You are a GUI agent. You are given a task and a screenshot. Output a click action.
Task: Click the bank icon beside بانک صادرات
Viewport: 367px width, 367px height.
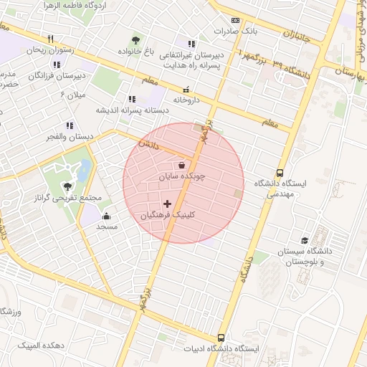[x=237, y=21]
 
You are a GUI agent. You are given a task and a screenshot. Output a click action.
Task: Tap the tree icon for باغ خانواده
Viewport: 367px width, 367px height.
[x=135, y=39]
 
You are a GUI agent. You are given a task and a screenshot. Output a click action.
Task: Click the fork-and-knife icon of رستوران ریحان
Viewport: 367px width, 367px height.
[x=50, y=39]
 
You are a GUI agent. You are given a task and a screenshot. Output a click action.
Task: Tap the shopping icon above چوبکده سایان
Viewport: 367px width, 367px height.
[x=181, y=165]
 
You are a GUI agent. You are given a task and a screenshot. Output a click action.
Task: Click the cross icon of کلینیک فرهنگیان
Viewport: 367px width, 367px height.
[x=168, y=204]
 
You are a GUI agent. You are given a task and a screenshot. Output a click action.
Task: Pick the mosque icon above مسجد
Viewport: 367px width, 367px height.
[x=107, y=216]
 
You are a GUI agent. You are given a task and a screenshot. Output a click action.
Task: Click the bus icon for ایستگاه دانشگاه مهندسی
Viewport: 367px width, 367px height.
[x=280, y=172]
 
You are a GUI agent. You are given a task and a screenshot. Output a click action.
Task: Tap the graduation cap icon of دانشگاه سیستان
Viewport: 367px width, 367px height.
[x=305, y=240]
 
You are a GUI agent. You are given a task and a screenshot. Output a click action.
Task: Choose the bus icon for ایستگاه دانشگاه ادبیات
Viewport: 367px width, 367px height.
[x=221, y=338]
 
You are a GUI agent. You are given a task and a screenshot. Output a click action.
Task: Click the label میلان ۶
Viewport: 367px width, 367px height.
[x=72, y=94]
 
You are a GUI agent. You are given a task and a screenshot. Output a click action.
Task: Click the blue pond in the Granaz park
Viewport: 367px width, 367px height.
[x=83, y=170]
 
